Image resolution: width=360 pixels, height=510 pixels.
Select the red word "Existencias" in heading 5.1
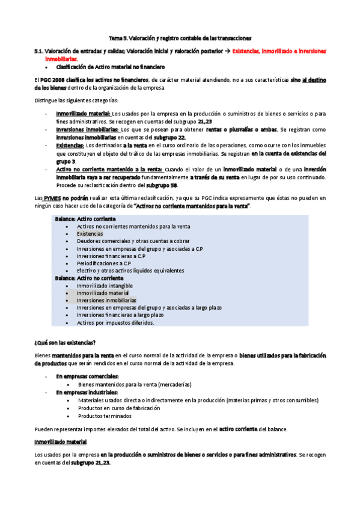[247, 52]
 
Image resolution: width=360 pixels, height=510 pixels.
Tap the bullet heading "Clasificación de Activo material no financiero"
[109, 67]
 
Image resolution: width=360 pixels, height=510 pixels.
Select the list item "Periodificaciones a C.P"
[103, 263]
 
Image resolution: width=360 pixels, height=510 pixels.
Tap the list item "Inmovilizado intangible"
[105, 285]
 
